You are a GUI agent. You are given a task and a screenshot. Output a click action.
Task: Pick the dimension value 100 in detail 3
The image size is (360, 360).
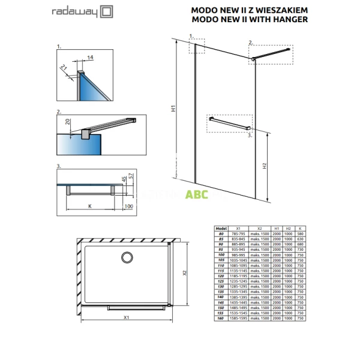tap(128, 206)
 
